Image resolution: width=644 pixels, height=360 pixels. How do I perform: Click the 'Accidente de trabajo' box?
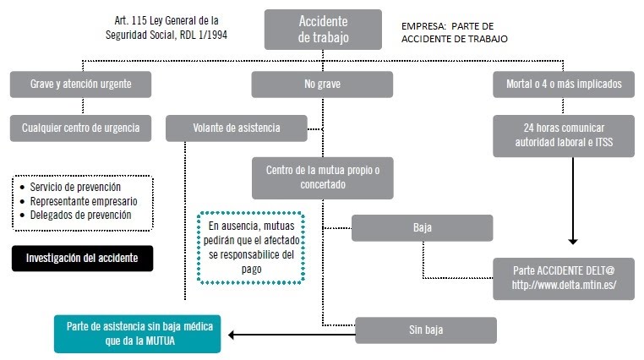323,30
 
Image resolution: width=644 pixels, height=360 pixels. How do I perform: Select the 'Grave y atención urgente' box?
82,85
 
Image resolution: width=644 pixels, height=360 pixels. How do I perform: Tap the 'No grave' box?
321,85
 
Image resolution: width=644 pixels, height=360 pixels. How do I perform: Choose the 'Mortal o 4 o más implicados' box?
564,85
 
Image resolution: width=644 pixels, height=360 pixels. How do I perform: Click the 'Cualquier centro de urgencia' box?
82,128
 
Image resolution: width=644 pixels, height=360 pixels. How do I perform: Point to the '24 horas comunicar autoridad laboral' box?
564,135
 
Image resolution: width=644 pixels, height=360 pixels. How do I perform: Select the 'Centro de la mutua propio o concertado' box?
323,177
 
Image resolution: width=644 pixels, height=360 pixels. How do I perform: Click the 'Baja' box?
422,228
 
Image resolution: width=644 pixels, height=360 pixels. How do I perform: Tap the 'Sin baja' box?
425,330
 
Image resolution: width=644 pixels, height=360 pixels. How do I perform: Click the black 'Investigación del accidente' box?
82,258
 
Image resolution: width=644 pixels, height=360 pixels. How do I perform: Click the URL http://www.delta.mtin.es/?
564,285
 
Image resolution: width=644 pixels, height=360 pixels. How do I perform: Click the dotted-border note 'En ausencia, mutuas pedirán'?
251,247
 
